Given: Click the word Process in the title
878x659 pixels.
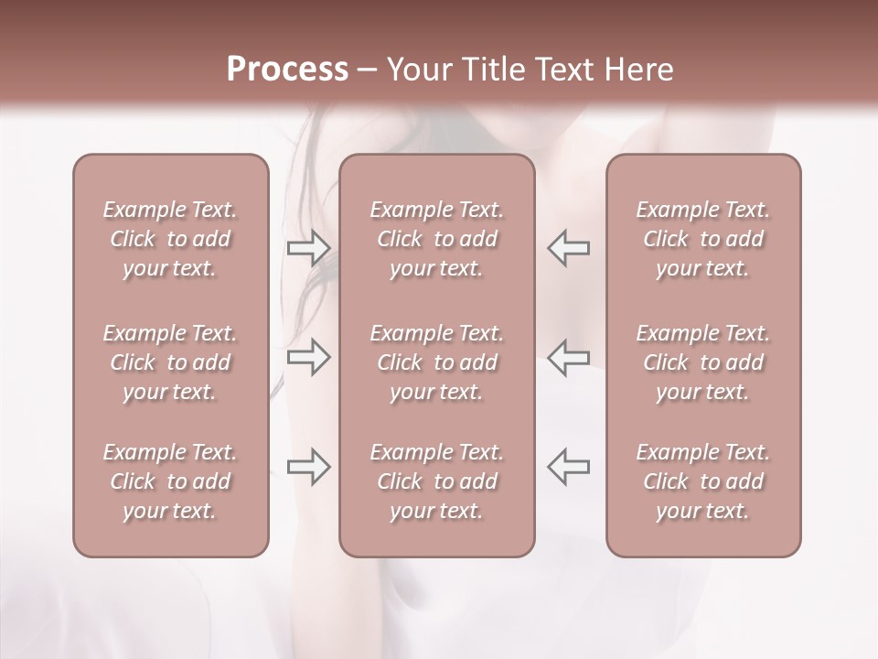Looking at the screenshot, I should [287, 70].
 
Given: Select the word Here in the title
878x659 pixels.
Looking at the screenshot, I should [637, 70].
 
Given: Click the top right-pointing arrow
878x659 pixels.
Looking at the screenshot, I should [308, 248].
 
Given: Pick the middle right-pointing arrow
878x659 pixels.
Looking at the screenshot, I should [308, 357].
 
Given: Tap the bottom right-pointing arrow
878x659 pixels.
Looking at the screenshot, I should [308, 467].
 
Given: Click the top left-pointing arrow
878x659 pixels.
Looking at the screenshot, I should [569, 248].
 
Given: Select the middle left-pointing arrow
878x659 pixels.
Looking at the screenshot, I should [569, 357].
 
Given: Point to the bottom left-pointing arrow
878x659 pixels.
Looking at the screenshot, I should [569, 467].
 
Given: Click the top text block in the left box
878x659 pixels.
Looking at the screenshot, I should [170, 239].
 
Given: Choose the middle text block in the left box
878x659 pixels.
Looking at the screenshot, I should [170, 362].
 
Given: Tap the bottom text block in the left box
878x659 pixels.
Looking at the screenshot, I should [170, 481].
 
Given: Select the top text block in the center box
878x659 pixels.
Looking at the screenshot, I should [436, 239].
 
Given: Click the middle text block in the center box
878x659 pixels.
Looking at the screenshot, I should [436, 362].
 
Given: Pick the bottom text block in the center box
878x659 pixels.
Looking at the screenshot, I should [436, 481].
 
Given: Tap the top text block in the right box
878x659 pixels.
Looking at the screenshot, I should [703, 239].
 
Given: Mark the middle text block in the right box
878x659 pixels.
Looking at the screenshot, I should [703, 362].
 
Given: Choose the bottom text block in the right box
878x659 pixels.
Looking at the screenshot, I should [703, 481].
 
